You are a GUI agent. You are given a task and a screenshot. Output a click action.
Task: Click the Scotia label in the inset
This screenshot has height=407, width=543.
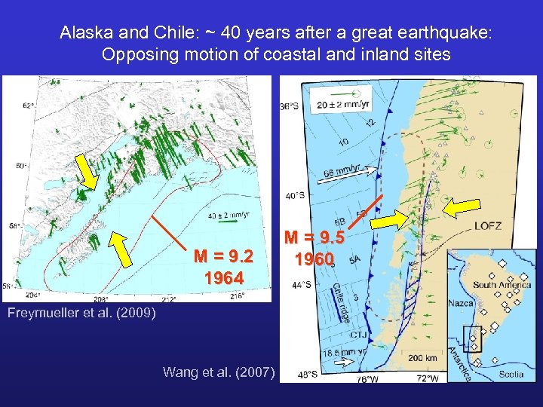click(x=511, y=373)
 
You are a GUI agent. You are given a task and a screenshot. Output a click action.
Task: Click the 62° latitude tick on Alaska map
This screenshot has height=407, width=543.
click(x=29, y=106)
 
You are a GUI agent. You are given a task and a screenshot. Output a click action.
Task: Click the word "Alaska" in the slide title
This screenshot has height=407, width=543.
click(x=81, y=33)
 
